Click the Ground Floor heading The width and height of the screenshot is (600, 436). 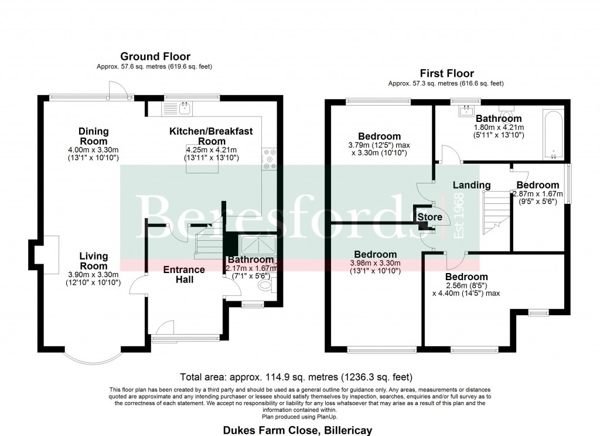155,57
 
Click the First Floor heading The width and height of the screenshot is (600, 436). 446,73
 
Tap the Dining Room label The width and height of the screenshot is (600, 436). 94,136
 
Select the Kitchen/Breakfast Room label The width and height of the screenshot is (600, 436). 211,136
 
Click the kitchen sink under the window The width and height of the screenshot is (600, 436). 185,107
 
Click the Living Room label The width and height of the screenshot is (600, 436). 94,260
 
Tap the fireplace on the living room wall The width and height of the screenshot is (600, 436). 47,255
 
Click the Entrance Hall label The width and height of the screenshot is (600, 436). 184,274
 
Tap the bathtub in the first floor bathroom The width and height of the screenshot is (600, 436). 554,134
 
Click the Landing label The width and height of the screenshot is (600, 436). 472,185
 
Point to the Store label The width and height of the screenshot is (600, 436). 429,217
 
